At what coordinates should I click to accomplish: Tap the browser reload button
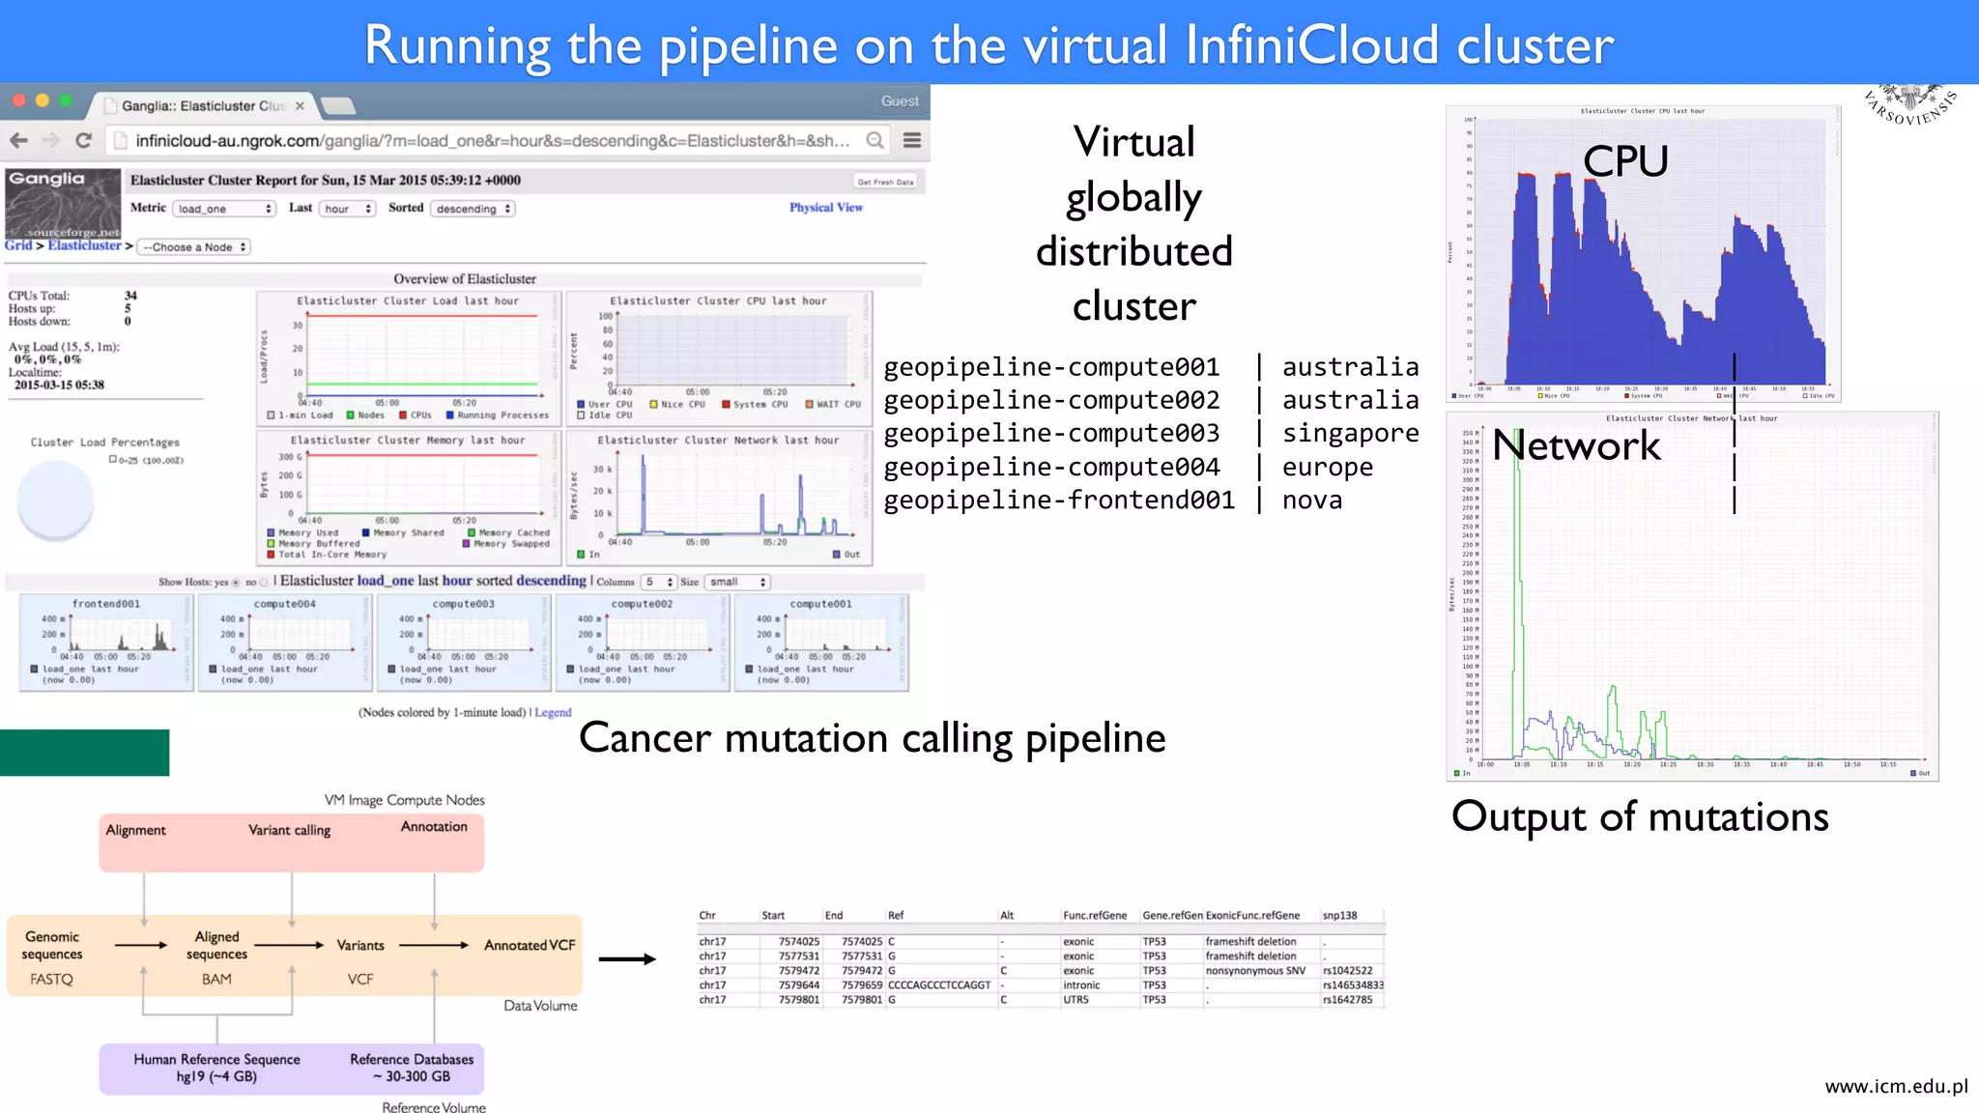coord(84,141)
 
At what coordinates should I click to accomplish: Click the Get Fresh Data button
coord(884,182)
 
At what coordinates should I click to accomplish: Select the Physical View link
coord(825,208)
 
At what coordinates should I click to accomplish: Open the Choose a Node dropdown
coord(194,247)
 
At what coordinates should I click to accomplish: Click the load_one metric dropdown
coord(224,209)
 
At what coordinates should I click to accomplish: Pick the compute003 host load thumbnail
coord(463,642)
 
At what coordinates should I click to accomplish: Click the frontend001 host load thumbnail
coord(106,642)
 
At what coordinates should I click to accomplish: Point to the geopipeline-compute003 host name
coord(1051,434)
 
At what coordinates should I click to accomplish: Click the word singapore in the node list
coord(1350,434)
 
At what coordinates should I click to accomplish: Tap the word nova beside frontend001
coord(1311,500)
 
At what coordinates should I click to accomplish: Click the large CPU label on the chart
coord(1625,161)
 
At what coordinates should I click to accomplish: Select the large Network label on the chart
coord(1576,445)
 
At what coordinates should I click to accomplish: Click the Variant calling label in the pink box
coord(289,830)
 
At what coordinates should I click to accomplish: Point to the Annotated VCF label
coord(530,945)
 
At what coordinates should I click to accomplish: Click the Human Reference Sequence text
coord(216,1060)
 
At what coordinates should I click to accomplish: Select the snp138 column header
coord(1339,915)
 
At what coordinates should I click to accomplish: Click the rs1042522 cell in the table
coord(1347,971)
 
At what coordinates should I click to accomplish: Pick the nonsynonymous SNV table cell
coord(1255,971)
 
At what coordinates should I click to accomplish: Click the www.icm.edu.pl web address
coord(1896,1087)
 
